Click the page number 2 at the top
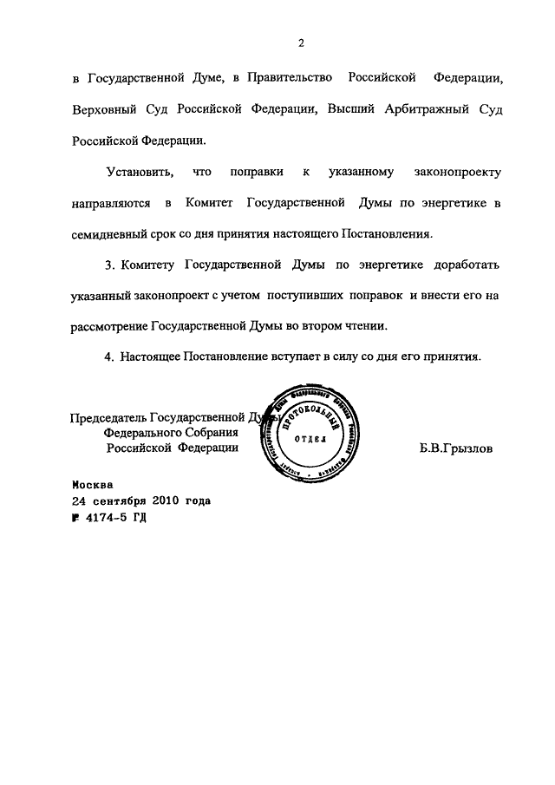pyautogui.click(x=298, y=43)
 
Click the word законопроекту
pyautogui.click(x=458, y=173)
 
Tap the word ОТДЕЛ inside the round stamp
pyautogui.click(x=310, y=438)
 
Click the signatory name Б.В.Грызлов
pyautogui.click(x=454, y=449)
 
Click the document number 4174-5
pyautogui.click(x=105, y=517)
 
